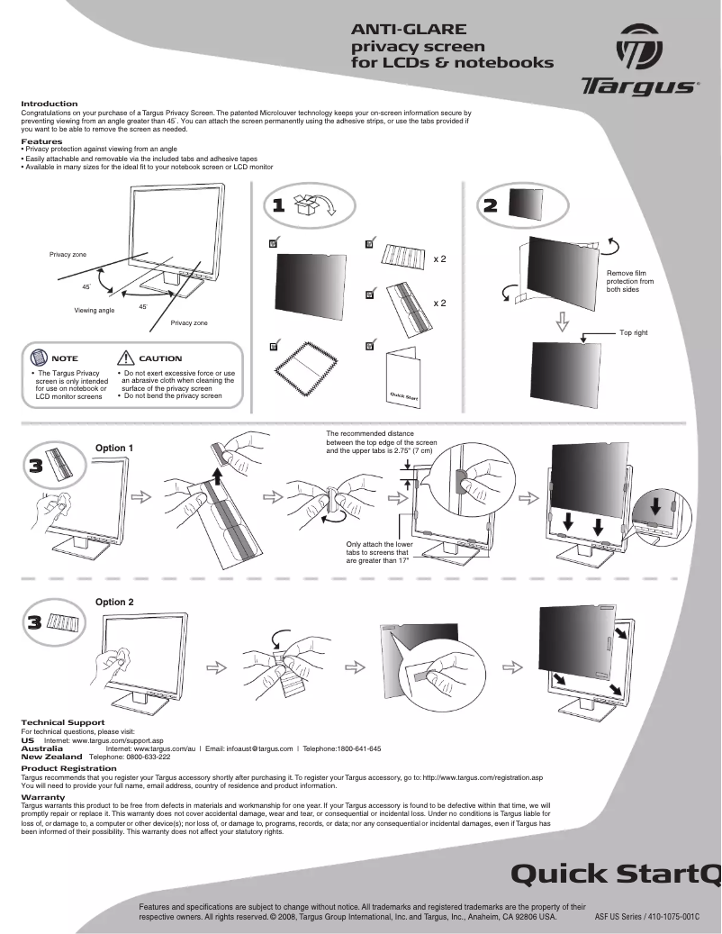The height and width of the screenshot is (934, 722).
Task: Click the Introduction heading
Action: point(49,104)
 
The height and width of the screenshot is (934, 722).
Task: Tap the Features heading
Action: point(41,141)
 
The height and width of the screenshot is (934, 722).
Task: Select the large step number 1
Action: point(279,205)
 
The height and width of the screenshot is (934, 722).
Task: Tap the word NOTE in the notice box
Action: point(65,359)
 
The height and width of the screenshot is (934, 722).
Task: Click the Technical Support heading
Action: point(62,722)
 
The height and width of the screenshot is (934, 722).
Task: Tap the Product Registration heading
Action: point(68,768)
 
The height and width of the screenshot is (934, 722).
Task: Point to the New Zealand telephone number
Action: point(130,757)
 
